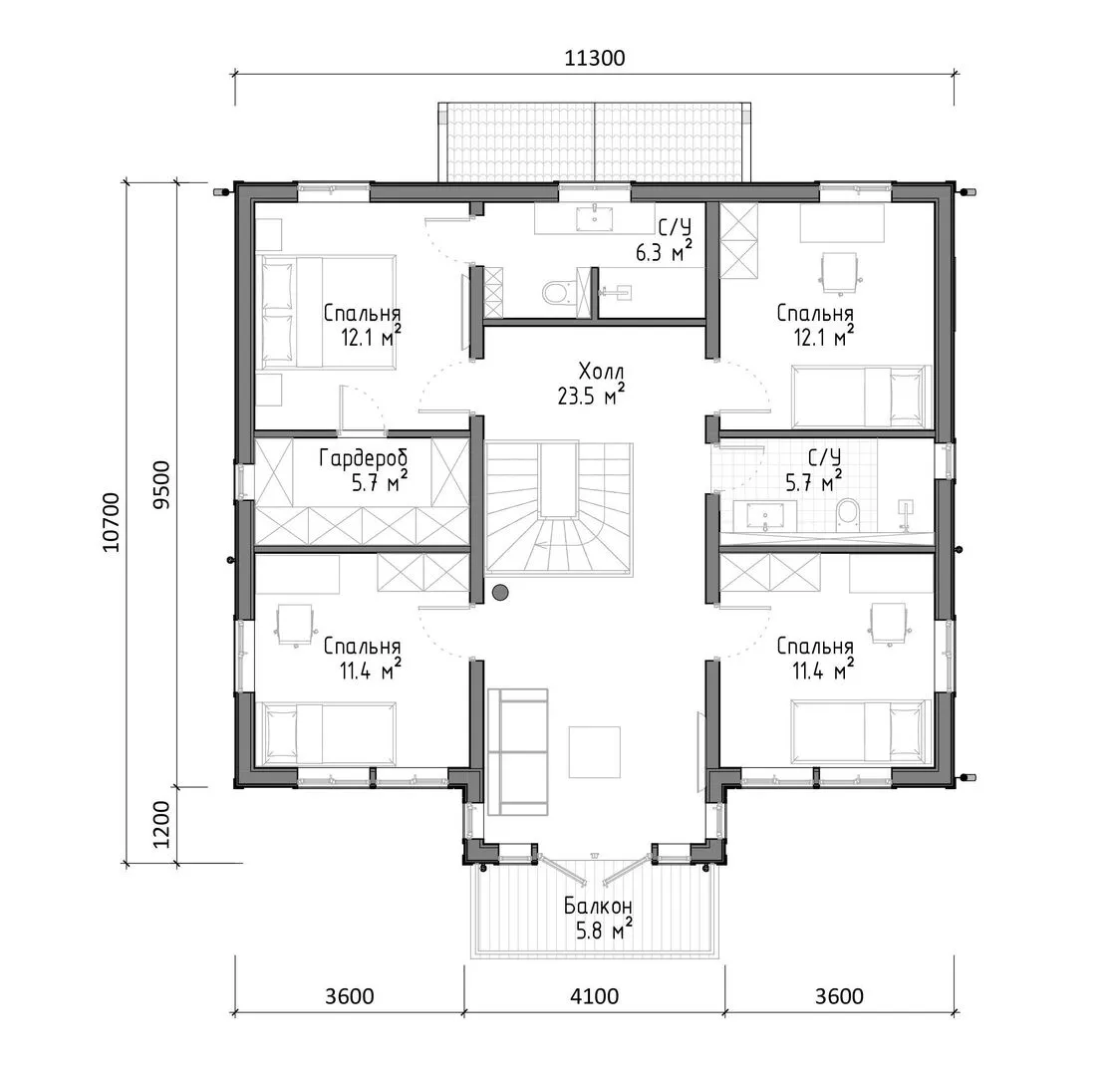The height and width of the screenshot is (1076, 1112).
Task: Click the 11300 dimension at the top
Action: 594,58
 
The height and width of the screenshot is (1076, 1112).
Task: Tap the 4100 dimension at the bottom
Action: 594,996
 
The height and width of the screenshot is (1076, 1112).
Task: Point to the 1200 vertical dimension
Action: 162,824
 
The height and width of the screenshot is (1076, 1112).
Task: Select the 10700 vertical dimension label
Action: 112,522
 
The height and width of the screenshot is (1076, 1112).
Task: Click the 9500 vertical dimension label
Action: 162,484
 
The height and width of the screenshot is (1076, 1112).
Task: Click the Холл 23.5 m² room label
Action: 592,383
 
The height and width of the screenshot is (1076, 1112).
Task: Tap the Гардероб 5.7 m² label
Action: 364,470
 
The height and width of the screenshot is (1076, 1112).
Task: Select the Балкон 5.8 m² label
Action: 598,918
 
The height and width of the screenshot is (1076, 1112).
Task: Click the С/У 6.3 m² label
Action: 664,240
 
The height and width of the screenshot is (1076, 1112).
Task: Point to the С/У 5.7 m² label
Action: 814,469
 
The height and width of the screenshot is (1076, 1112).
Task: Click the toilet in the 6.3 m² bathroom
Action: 556,292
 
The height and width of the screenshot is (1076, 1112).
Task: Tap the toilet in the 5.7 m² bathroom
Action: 848,515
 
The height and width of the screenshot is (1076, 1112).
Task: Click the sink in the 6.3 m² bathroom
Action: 594,218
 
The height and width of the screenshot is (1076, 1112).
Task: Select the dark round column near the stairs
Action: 500,591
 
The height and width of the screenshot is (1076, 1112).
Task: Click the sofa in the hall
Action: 517,752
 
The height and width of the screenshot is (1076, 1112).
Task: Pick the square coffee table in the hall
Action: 594,751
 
